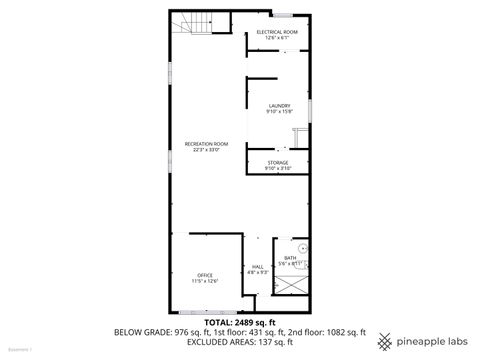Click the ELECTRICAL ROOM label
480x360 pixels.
(277, 33)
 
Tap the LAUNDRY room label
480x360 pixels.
(278, 105)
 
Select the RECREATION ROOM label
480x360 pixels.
(207, 144)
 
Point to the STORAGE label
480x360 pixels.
(278, 162)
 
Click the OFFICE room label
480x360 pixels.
(205, 275)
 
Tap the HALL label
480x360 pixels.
(257, 266)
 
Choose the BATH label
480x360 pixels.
(290, 257)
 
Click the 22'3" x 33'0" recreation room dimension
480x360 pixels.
(207, 150)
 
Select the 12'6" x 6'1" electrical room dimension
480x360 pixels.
(277, 39)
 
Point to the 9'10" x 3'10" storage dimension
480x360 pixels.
(278, 168)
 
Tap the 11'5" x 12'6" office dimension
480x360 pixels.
(205, 281)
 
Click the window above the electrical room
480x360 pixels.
(284, 14)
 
